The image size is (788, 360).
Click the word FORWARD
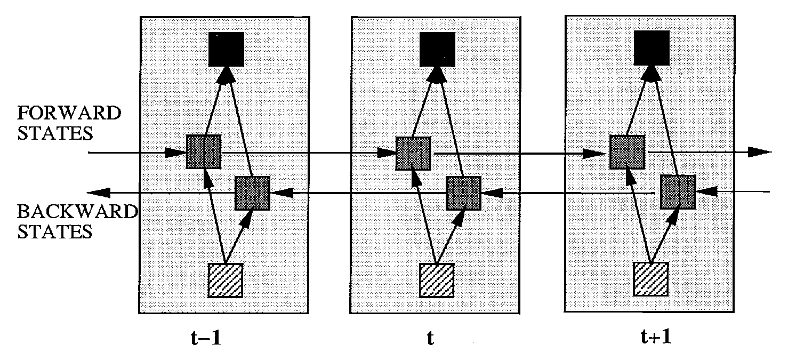[69, 113]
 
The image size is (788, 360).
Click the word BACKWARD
[77, 212]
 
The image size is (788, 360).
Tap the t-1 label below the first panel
[206, 338]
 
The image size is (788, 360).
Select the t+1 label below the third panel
[656, 337]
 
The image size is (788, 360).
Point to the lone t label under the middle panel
[430, 338]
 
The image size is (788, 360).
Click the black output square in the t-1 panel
[226, 49]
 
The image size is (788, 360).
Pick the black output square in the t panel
[437, 49]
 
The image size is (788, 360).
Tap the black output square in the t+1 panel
[652, 48]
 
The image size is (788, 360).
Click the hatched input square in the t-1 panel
[226, 281]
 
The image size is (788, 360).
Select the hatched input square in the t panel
[437, 281]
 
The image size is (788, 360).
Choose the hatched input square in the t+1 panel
[651, 279]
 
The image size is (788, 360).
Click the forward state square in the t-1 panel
[204, 151]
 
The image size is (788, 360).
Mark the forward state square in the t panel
[413, 154]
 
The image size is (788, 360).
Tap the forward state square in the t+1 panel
[627, 152]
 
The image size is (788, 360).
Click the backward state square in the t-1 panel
[252, 193]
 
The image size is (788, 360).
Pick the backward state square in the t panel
[463, 193]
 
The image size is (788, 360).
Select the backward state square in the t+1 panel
[678, 192]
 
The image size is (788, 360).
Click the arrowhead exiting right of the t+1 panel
[760, 152]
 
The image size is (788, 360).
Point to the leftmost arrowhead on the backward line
[99, 193]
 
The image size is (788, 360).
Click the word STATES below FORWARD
[55, 133]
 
